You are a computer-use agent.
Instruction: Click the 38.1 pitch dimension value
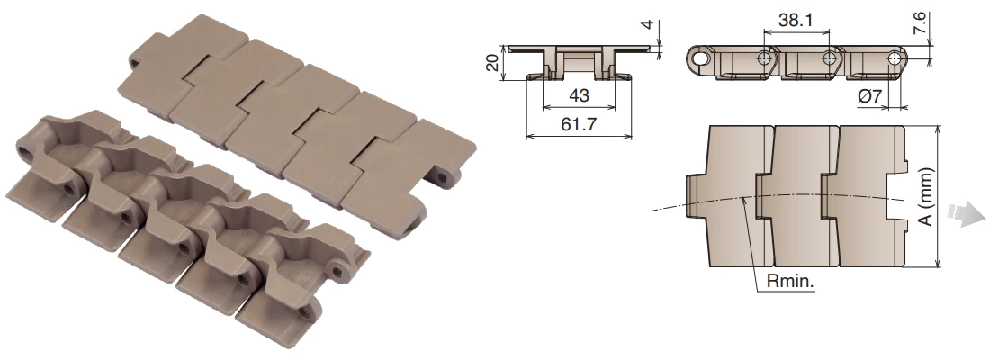(x=796, y=21)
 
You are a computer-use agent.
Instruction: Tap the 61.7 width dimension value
(x=579, y=124)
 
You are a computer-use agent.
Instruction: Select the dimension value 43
(x=578, y=95)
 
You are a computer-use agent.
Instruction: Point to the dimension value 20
(x=492, y=62)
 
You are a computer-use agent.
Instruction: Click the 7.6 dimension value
(x=921, y=22)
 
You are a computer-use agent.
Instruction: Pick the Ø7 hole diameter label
(x=869, y=96)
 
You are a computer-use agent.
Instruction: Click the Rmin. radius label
(x=791, y=281)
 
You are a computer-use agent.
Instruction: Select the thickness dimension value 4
(x=647, y=24)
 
